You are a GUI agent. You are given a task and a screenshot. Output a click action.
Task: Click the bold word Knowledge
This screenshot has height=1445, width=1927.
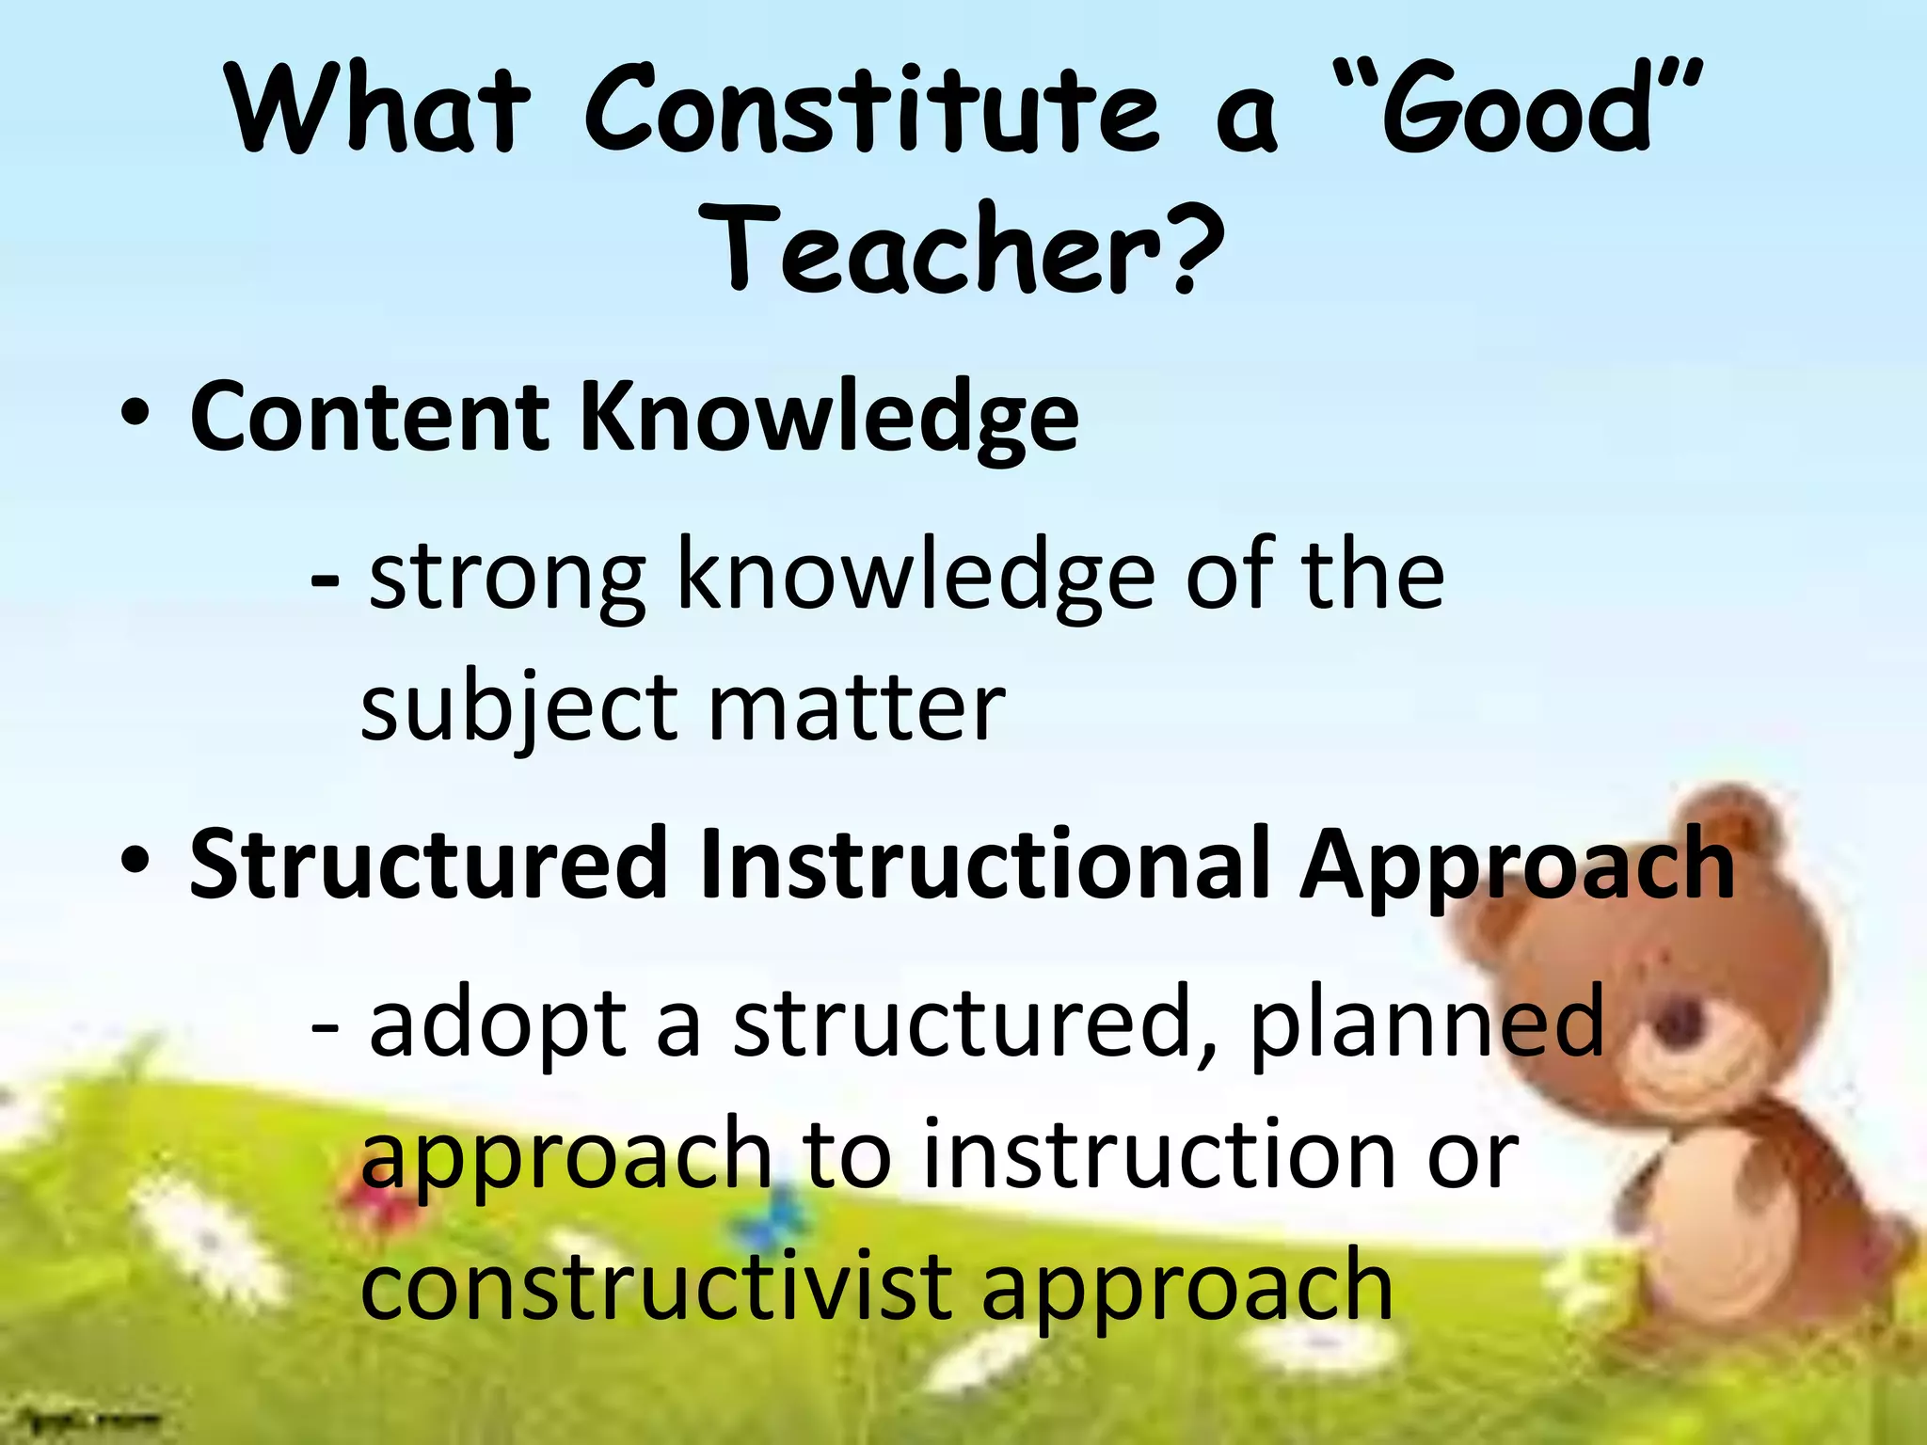[828, 419]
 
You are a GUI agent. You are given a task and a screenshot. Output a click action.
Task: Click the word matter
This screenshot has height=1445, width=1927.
[856, 707]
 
